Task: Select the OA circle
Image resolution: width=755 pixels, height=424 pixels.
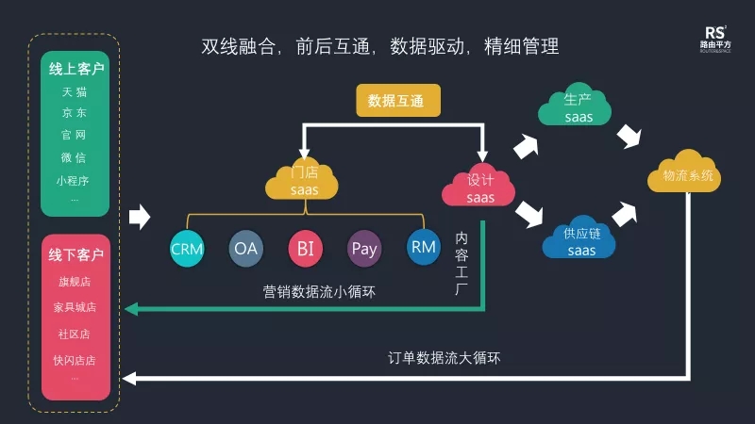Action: click(x=245, y=249)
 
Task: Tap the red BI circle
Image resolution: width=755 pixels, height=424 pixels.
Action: click(x=305, y=249)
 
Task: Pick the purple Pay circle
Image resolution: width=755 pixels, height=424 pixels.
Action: click(x=364, y=249)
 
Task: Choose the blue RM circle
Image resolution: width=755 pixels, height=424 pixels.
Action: click(x=423, y=248)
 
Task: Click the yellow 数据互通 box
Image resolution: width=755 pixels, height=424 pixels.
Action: click(x=398, y=100)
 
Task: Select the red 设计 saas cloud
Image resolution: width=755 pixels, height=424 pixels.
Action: click(x=479, y=187)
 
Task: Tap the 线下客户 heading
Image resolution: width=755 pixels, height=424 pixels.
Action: click(x=76, y=255)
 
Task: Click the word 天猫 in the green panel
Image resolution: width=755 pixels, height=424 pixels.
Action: click(x=75, y=92)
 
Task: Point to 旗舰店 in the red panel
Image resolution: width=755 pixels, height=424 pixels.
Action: click(x=75, y=282)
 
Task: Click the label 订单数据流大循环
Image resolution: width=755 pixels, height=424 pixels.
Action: click(x=445, y=358)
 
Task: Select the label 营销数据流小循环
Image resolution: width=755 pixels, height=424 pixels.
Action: click(x=319, y=292)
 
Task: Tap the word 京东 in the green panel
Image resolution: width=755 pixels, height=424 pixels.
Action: click(x=75, y=113)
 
